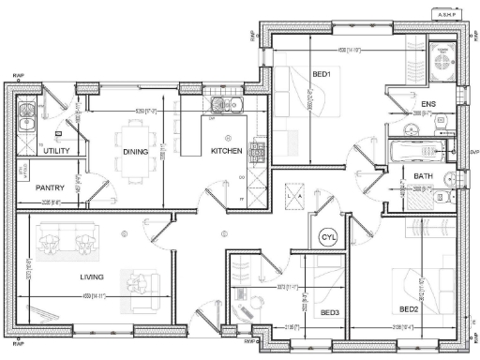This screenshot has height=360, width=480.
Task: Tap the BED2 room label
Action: [x=409, y=308]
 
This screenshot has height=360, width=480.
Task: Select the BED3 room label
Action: [x=330, y=312]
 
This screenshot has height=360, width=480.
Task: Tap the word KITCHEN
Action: [x=227, y=150]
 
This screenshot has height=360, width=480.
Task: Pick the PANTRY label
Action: [x=49, y=187]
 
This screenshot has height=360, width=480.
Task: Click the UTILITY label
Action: [x=57, y=150]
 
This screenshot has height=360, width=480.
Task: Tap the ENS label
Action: [x=428, y=103]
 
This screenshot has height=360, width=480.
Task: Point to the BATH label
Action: [x=423, y=176]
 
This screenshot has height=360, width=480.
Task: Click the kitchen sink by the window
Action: [x=224, y=104]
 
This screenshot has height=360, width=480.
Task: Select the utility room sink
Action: [x=28, y=119]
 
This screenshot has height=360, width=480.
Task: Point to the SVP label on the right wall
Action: [x=472, y=151]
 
